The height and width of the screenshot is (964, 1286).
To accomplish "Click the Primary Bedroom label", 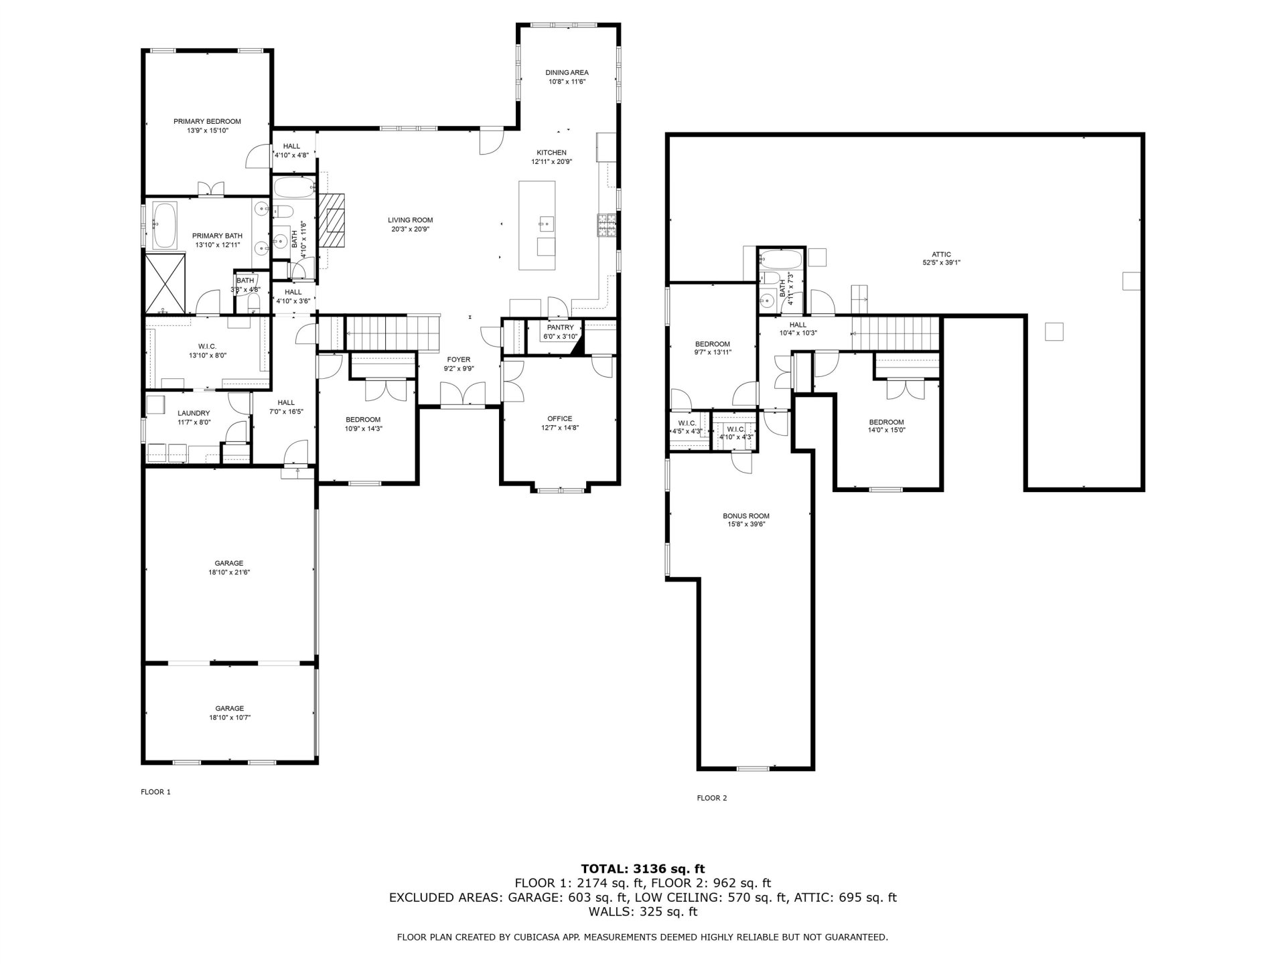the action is [207, 121].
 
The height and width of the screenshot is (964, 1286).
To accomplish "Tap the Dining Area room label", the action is [567, 72].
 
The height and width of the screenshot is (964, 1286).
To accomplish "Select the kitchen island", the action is [537, 225].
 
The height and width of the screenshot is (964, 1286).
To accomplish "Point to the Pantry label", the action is [560, 327].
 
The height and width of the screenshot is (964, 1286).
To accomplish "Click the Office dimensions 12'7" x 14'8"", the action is [559, 427].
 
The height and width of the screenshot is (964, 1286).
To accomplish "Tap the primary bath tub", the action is [164, 225].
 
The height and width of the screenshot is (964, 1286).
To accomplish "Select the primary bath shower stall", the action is [165, 284].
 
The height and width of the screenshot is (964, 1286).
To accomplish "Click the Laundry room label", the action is [194, 413].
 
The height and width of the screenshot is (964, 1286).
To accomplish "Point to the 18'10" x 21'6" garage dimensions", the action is [229, 572].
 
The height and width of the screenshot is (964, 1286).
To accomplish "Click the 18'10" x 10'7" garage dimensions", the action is [229, 718].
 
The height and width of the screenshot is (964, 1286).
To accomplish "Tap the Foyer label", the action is [459, 359].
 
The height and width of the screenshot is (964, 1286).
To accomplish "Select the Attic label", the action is [941, 254].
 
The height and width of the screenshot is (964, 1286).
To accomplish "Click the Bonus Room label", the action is [745, 516].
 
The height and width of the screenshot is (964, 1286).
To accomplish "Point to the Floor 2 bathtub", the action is [781, 258].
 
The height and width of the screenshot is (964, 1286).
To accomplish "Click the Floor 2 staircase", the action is [896, 333].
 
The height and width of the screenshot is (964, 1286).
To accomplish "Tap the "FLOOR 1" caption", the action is [155, 792].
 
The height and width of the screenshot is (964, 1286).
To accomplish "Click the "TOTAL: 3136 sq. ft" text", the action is [642, 869].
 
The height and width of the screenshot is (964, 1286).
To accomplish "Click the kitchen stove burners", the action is [607, 225].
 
